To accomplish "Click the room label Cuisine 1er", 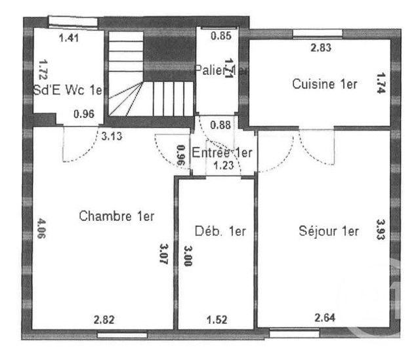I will (324, 85).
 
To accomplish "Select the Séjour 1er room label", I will (329, 231).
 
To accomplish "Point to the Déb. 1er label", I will (220, 231).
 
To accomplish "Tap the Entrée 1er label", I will (222, 152).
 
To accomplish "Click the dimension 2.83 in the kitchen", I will (321, 47).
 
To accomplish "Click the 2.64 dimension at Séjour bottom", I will (325, 319).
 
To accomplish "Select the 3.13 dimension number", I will (112, 136).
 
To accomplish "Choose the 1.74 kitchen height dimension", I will (381, 85).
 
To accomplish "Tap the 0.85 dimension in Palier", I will (220, 36).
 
